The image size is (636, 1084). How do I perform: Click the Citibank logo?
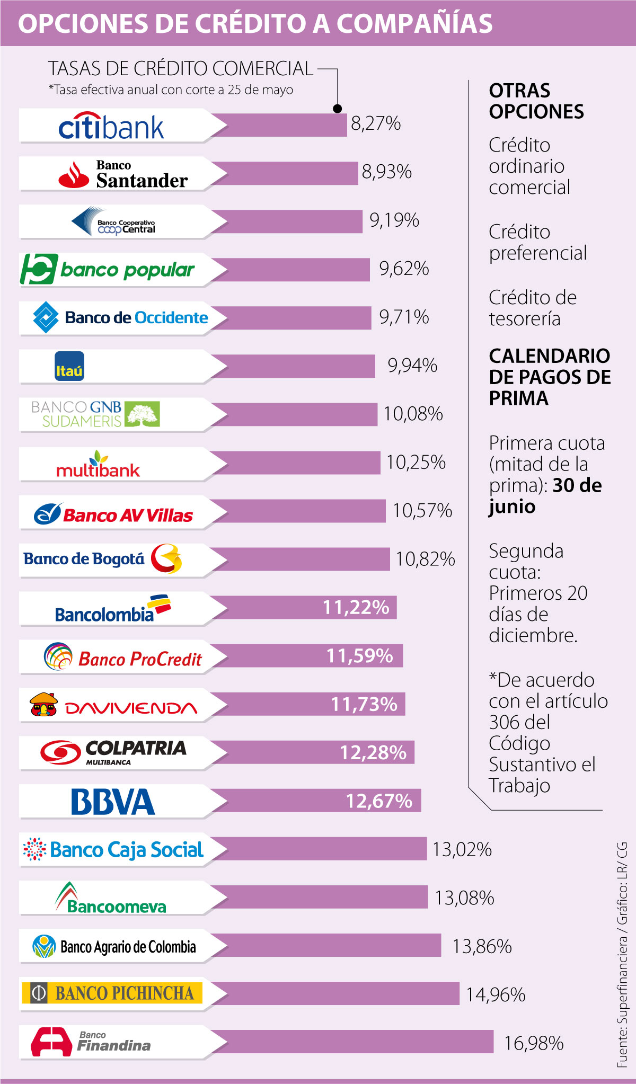coord(111,126)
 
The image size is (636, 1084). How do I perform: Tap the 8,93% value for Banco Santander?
coord(386,172)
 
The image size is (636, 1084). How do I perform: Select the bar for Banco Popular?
coord(291,269)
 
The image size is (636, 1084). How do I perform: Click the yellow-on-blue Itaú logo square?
coord(69,366)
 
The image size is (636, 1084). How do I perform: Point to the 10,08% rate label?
coord(413,414)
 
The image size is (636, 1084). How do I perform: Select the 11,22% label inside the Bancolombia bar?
coord(356,607)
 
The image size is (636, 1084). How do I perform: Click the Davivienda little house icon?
coord(44,705)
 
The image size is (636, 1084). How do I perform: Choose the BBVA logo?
coord(113,802)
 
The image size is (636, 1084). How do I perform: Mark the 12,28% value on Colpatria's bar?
coord(373,753)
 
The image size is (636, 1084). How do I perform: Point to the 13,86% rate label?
coord(482,946)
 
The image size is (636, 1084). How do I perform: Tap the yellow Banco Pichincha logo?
coord(112,993)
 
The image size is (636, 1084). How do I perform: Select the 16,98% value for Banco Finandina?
coord(534,1043)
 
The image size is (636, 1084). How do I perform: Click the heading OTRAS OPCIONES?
coord(536,101)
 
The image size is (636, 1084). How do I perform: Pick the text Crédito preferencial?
coord(537,243)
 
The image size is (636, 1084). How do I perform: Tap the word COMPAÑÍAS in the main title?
coord(415,23)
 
